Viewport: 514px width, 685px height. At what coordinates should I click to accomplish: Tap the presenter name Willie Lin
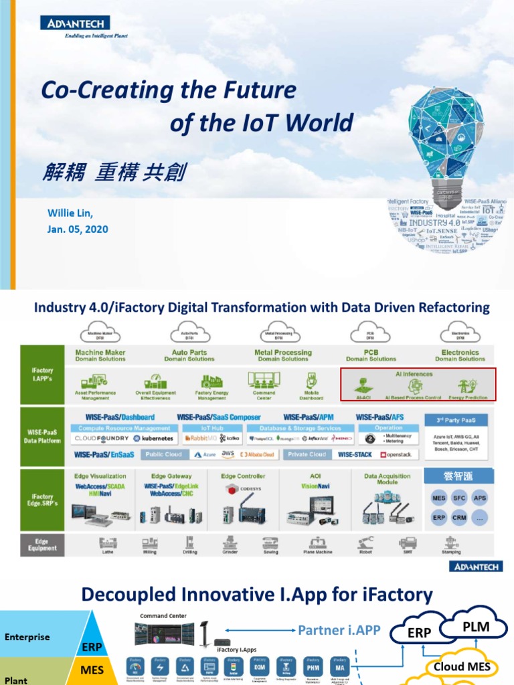[70, 213]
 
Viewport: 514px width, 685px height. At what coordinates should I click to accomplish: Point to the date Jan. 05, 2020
[78, 229]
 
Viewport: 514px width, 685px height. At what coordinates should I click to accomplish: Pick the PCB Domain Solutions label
[371, 355]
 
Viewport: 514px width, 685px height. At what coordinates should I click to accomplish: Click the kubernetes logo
[154, 439]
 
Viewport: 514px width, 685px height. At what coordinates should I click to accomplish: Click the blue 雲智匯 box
[459, 476]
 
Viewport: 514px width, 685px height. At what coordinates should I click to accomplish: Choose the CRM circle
[459, 518]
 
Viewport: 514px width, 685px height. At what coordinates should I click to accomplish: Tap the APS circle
[480, 498]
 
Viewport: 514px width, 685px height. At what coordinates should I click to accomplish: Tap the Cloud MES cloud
[462, 666]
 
